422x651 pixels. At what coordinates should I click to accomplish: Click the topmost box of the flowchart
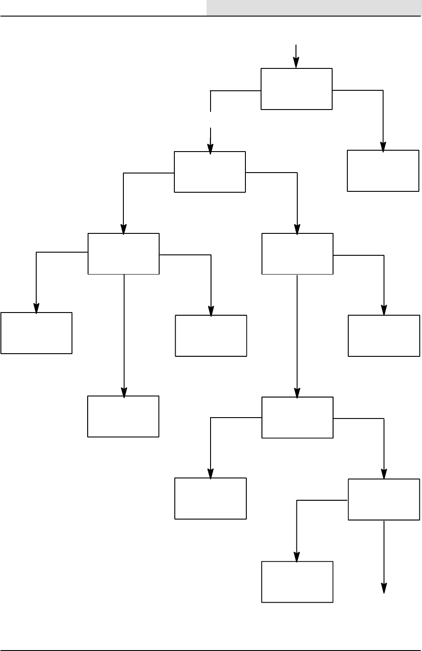296,89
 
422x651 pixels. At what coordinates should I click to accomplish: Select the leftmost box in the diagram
37,333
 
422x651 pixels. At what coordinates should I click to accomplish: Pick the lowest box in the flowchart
297,582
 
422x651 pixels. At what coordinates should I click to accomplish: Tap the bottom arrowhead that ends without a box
384,588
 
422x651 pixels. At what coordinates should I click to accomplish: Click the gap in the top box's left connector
211,119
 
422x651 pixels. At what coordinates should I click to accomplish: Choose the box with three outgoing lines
124,254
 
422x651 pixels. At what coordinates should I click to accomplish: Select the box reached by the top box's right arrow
383,171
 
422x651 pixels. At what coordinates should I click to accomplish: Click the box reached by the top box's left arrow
210,172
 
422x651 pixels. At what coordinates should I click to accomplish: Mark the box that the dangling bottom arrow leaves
384,499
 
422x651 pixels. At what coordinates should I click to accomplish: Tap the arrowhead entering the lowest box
297,557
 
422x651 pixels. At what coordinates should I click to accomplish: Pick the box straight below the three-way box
123,416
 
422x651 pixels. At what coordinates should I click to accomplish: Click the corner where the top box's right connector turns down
383,91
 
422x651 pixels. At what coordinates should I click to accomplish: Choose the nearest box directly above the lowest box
297,417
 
